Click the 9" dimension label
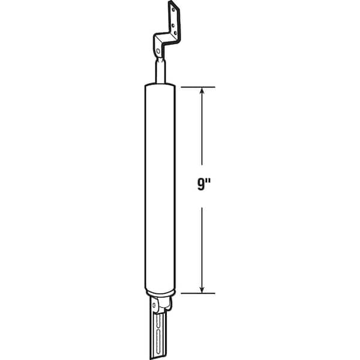tap(204, 184)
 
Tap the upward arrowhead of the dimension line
tap(202, 91)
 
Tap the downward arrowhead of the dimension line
tap(202, 289)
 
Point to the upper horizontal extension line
tap(198, 87)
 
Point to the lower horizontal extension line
tap(198, 293)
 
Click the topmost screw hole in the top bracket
tap(173, 10)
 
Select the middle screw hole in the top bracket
tap(173, 25)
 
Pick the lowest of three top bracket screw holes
tap(175, 33)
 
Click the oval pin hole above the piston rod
tap(158, 51)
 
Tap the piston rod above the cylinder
tap(160, 71)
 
